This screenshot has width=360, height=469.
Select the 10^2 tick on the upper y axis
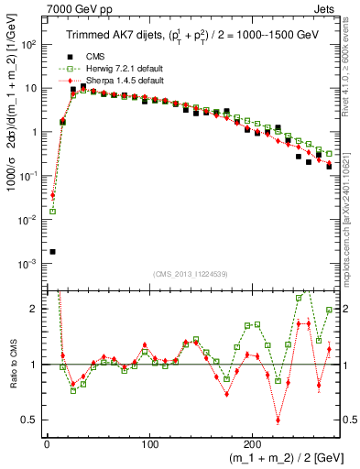tap(28, 44)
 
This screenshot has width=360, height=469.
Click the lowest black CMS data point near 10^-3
tap(52, 251)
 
